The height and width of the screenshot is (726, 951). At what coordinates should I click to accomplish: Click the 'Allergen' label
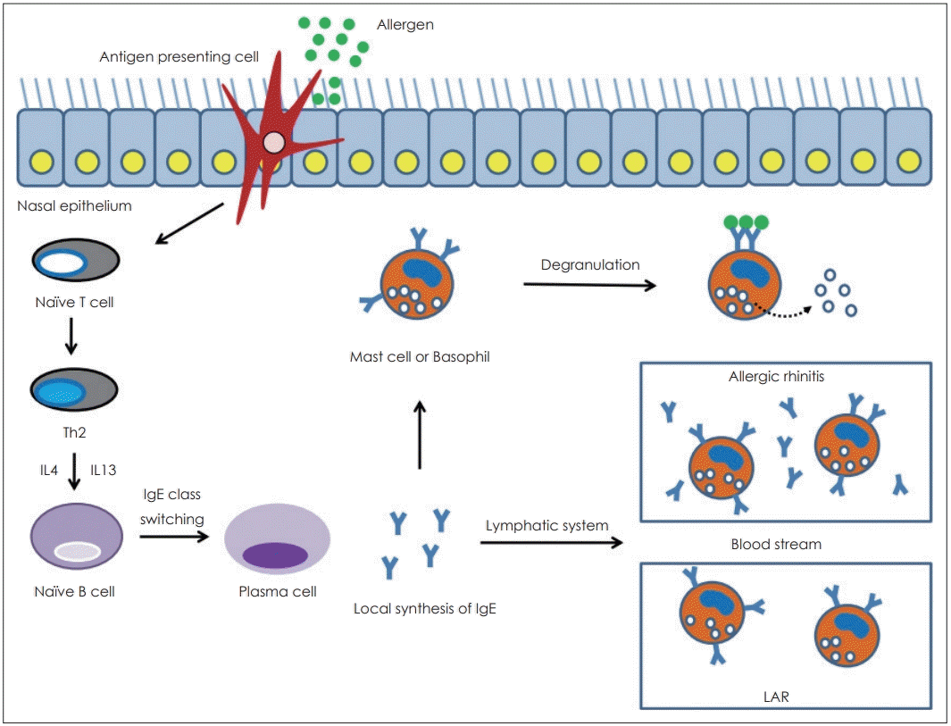[x=405, y=25]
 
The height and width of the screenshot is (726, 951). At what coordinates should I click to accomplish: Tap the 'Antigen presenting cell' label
[x=179, y=58]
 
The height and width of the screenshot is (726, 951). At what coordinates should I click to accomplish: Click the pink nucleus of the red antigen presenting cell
[x=275, y=142]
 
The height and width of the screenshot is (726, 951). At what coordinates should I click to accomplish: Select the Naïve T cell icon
[x=76, y=263]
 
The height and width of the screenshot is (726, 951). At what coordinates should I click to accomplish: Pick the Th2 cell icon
[x=76, y=390]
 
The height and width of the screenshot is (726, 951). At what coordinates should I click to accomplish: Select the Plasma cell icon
[x=277, y=545]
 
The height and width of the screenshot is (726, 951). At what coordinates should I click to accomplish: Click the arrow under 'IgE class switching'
[x=175, y=538]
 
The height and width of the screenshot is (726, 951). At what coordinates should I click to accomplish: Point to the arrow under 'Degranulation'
[x=589, y=284]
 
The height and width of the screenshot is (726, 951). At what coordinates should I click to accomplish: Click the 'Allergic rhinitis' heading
[x=776, y=376]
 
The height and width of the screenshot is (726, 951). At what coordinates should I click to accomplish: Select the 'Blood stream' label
[x=776, y=543]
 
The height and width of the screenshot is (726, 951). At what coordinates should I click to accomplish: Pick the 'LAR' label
[x=776, y=697]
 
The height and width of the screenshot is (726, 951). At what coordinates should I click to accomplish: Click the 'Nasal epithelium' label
[x=74, y=207]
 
